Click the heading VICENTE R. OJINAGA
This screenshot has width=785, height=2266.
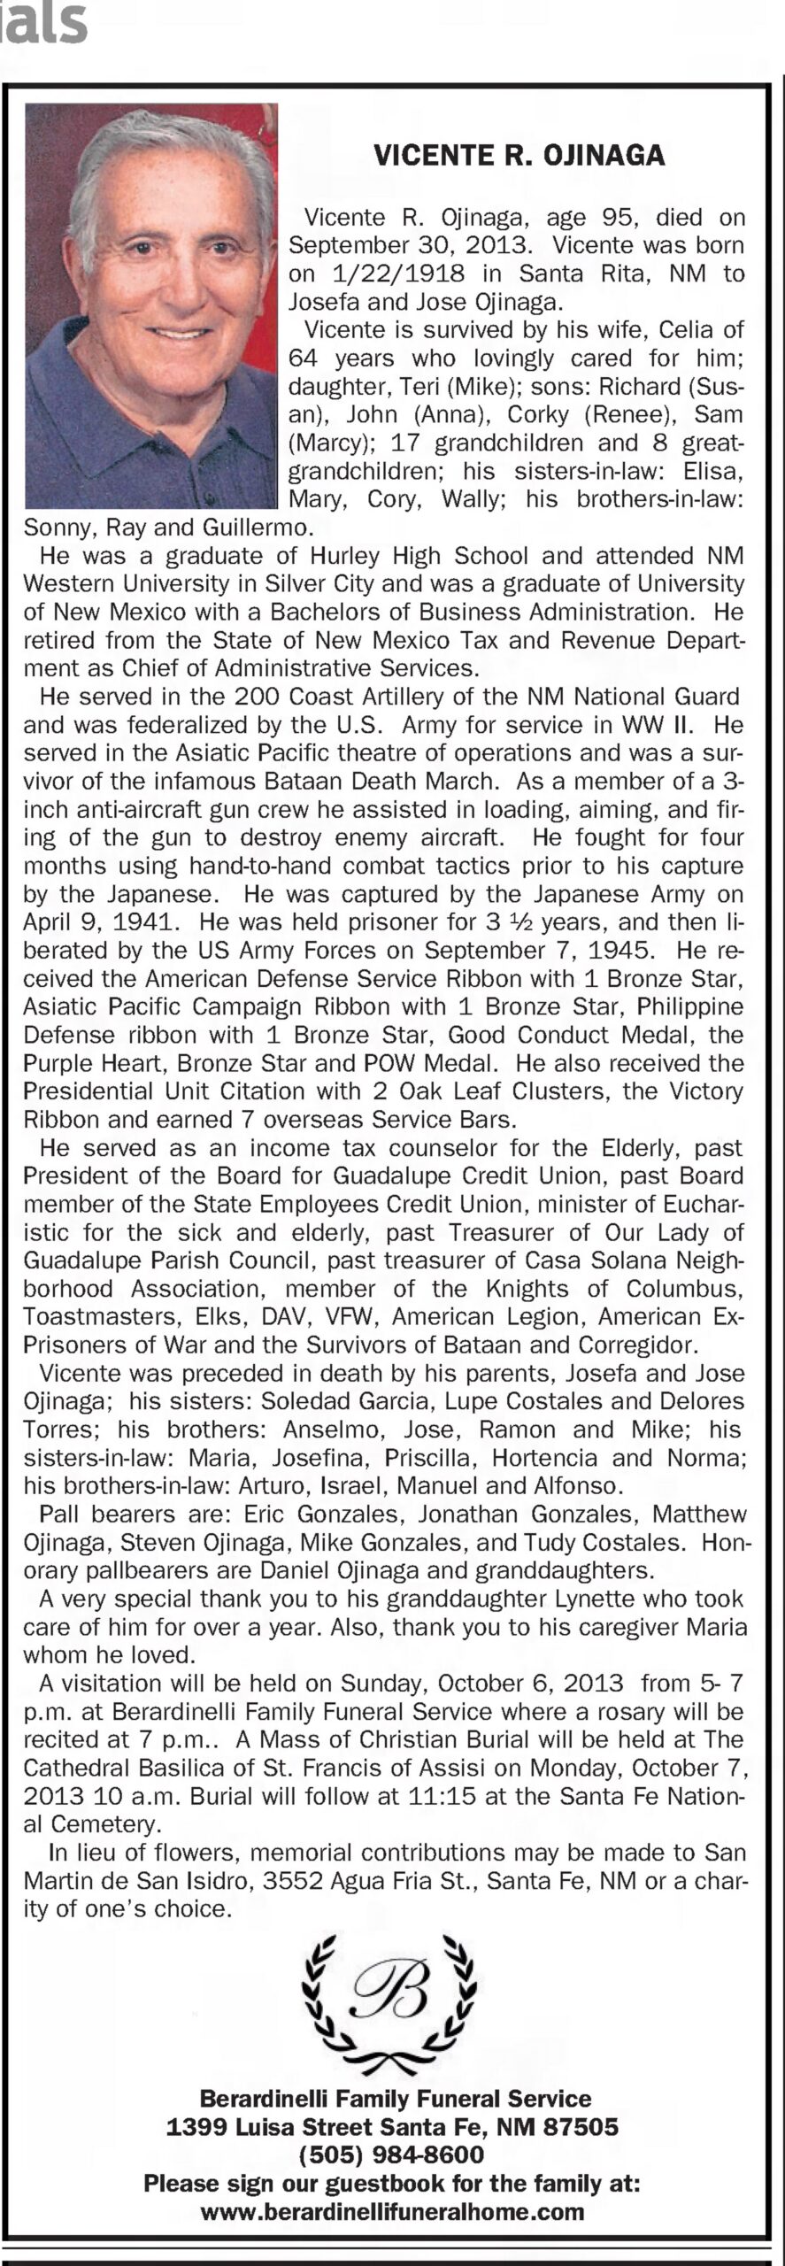(519, 157)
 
